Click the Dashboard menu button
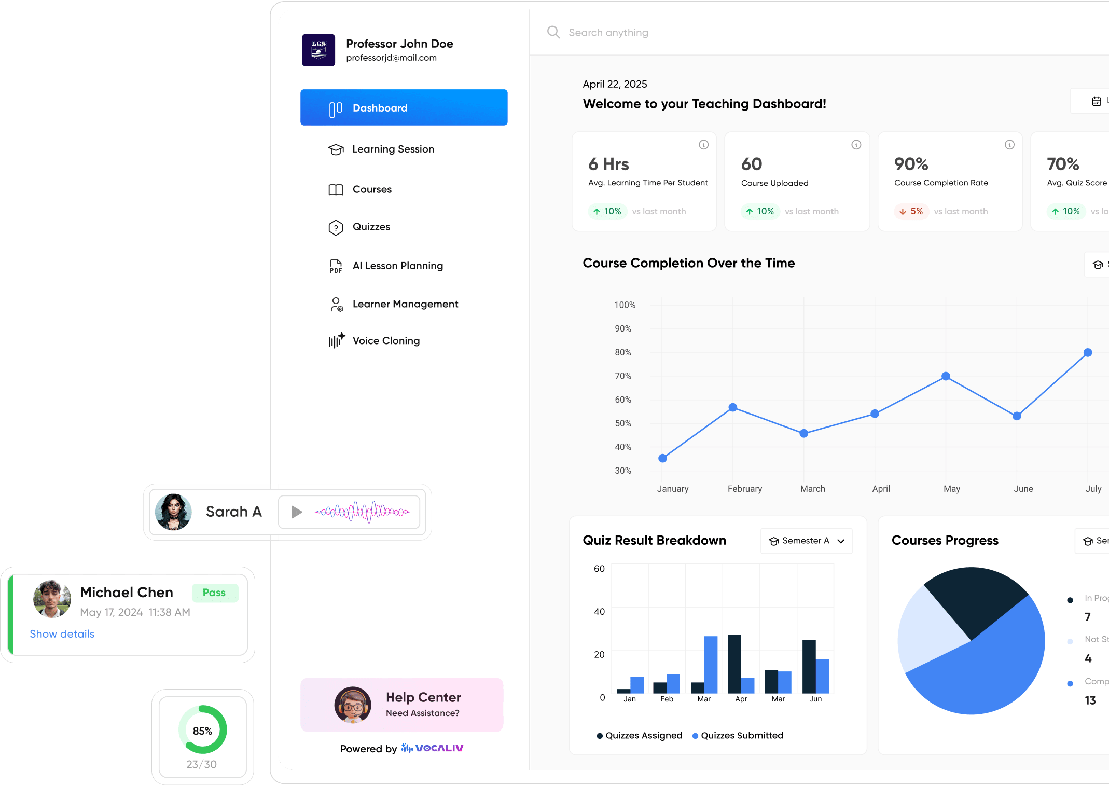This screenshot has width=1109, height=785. point(404,107)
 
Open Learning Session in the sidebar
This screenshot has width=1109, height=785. point(393,149)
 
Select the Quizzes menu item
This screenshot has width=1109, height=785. point(371,227)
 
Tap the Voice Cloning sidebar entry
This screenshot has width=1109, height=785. point(385,341)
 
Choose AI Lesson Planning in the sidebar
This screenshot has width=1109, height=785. point(397,266)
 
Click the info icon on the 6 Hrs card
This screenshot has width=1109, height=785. point(703,145)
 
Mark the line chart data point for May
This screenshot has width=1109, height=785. point(946,376)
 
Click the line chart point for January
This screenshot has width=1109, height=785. point(662,458)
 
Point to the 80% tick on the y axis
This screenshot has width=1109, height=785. point(622,352)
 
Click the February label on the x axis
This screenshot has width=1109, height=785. point(744,489)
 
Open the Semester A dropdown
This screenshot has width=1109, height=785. point(806,541)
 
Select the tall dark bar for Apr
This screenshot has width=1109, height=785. point(734,664)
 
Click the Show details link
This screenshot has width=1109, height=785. point(62,634)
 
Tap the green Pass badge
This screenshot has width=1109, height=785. point(214,593)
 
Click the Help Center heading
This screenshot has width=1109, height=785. point(423,697)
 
